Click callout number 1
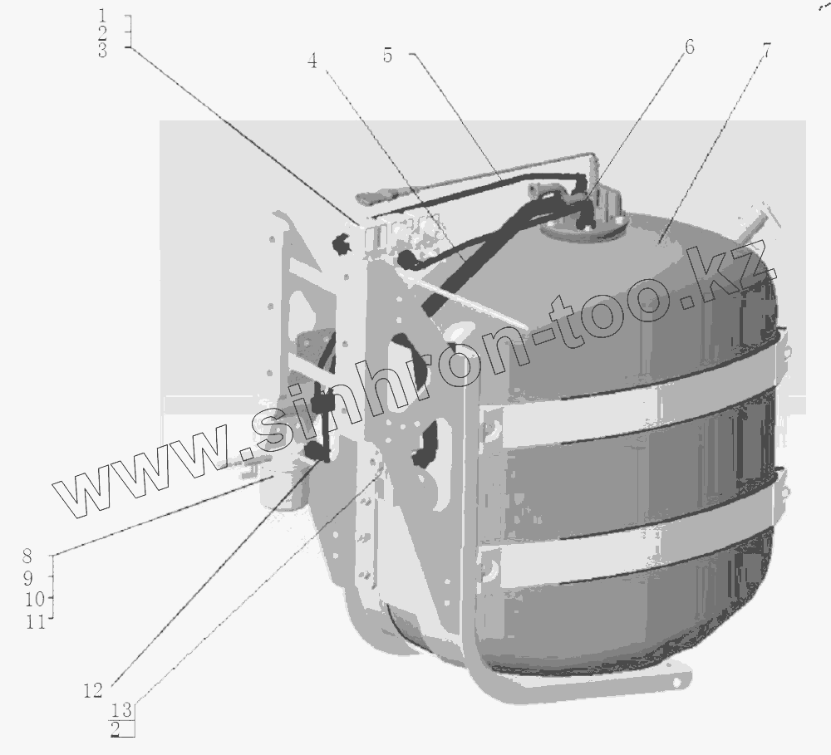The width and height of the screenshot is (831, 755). coord(103,15)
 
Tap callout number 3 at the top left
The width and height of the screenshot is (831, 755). coord(102,51)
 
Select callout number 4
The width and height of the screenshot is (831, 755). coord(312,61)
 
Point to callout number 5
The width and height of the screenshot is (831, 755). coord(388,56)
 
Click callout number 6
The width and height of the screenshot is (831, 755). coord(690,47)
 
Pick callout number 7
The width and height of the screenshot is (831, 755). coord(766,51)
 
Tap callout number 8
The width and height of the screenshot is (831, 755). coord(27,556)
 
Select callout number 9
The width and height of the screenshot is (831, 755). coord(28,578)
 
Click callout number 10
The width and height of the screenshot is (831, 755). coord(36,600)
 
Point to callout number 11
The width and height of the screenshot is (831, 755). coord(36,621)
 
